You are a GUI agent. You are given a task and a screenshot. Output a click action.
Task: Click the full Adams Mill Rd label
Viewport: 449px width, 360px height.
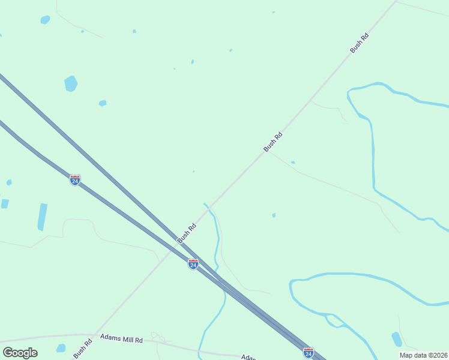point(121,340)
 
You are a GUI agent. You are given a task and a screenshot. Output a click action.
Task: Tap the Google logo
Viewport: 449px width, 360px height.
point(20,352)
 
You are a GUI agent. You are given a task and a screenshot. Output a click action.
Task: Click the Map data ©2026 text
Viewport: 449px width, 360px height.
point(423,355)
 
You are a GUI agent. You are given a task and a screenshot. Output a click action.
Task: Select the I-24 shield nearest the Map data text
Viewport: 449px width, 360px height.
point(308,352)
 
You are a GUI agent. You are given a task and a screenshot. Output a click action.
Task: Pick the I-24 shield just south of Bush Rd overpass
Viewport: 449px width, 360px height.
point(193,264)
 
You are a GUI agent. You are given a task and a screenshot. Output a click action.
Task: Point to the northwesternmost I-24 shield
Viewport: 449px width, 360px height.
point(74,180)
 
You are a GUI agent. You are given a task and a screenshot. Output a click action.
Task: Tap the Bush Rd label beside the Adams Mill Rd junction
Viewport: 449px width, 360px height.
point(82,349)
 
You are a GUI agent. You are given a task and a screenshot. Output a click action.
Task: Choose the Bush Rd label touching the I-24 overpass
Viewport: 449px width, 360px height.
point(187,233)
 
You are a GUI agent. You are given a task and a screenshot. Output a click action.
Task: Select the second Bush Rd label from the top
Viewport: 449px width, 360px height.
point(273,142)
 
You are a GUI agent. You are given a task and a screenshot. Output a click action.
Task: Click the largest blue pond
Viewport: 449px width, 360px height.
point(71,83)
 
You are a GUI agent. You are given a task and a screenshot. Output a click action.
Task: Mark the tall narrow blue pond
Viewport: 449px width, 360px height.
point(42,217)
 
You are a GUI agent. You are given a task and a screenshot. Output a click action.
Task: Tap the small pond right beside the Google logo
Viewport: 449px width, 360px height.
point(61,348)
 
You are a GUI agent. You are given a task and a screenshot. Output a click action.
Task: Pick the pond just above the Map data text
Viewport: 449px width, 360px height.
point(397,339)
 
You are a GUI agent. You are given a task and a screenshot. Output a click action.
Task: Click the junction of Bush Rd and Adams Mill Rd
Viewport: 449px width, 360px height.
point(95,334)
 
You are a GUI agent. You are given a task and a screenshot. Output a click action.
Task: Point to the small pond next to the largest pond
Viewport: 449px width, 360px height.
point(103,103)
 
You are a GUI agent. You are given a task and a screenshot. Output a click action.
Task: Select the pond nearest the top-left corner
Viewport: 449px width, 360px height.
point(45,20)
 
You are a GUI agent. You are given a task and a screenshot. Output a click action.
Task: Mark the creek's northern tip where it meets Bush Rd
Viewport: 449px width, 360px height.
point(206,205)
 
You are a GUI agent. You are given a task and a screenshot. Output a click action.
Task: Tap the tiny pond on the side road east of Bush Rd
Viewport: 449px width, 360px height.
point(293,163)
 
